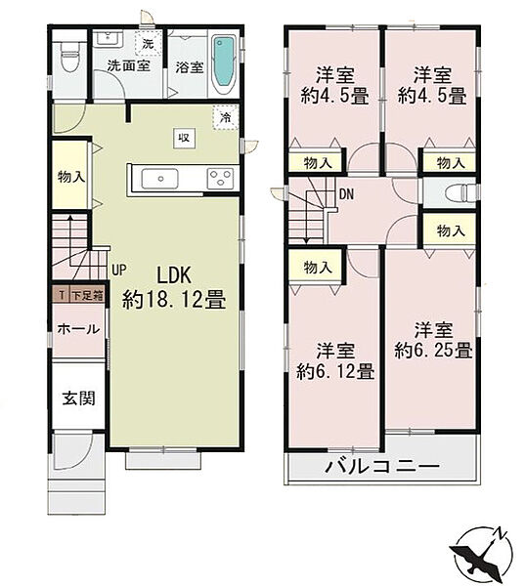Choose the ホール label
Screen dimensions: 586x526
coord(76,329)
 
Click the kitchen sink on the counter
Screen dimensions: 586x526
coord(158,178)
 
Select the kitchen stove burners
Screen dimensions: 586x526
coord(219,178)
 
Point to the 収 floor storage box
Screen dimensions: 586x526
coord(183,137)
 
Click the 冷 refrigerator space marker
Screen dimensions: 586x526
coord(226,117)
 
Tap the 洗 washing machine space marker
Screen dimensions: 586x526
coord(147,44)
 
